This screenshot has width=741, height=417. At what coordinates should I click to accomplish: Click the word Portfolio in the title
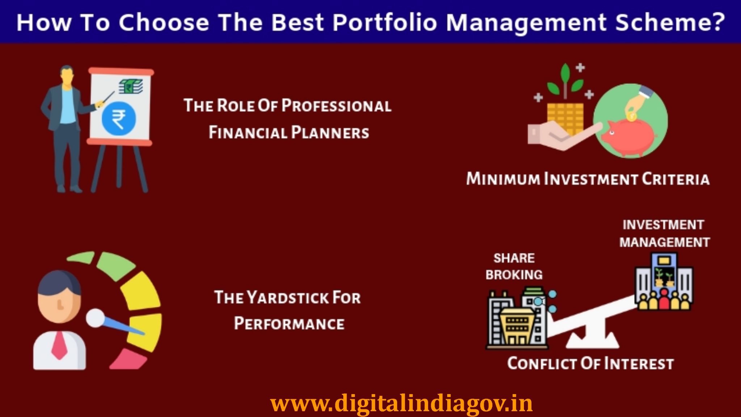pos(385,22)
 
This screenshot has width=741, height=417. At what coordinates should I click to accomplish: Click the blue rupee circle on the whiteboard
pos(119,118)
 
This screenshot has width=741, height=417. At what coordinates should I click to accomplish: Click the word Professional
pos(336,106)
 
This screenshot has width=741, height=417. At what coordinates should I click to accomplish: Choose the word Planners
pos(330,133)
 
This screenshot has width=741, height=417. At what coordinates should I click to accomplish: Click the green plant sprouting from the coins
pos(564,82)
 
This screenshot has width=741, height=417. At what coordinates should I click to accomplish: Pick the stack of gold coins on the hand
pos(565,118)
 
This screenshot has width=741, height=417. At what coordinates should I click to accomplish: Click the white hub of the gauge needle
pos(95,318)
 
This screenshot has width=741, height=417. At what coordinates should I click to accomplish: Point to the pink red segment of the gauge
pos(127,359)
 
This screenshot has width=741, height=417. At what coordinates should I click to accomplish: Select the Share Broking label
pos(514,266)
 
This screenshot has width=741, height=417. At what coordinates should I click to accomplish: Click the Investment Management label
pos(664,233)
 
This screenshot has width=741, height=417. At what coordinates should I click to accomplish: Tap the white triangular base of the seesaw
pos(592,339)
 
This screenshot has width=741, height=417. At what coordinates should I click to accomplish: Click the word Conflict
pos(541,363)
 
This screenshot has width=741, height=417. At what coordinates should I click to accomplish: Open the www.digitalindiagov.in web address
pos(401,403)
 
